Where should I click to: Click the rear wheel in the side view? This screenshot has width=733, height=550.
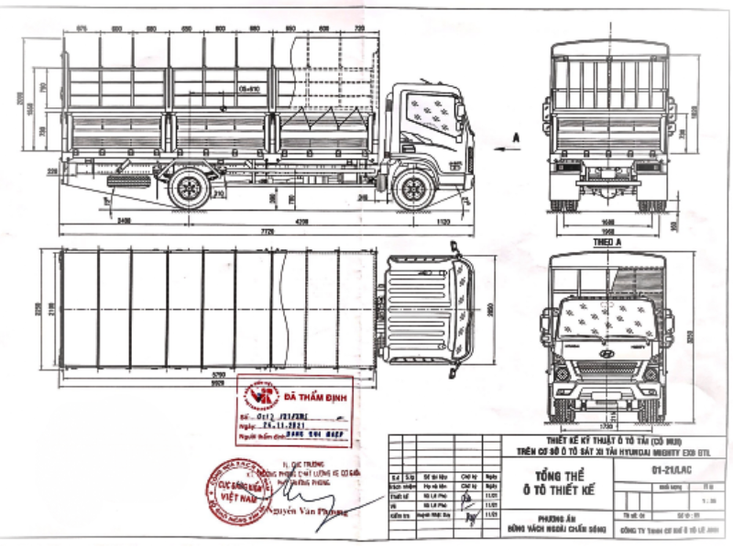tap(190, 188)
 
